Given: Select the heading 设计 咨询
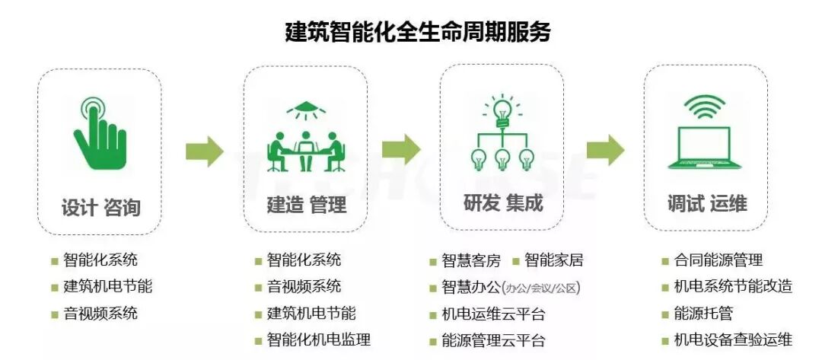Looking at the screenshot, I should [101, 207].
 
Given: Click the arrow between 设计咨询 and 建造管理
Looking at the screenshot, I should [204, 150].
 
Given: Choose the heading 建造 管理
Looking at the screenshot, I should [306, 205].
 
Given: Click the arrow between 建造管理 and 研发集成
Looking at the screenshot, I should [400, 148].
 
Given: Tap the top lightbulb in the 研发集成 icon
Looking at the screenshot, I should [502, 109].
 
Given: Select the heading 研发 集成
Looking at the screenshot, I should [503, 203].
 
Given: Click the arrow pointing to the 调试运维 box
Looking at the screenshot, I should [605, 148].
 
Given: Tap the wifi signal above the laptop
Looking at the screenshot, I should [705, 107].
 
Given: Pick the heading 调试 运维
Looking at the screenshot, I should [707, 203].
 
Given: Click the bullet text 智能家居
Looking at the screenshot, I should [553, 261].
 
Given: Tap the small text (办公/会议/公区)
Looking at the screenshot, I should [543, 288].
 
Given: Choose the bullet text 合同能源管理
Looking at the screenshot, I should [718, 260].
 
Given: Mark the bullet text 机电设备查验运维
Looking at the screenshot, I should [733, 339].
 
